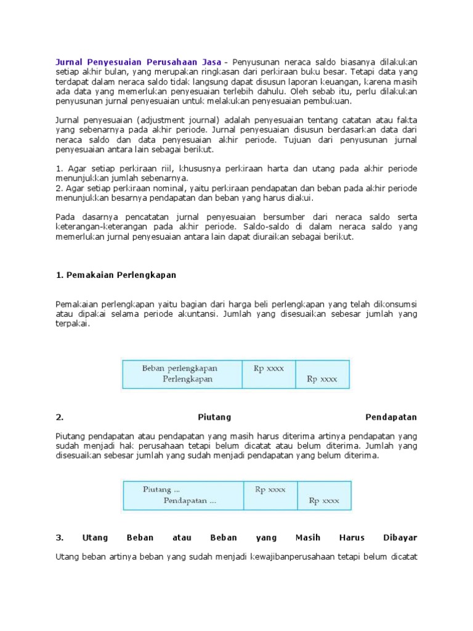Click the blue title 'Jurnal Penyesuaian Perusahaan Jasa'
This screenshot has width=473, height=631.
(139, 62)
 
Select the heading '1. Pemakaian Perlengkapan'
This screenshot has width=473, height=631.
(116, 275)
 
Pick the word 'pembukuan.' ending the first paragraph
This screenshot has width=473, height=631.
(329, 101)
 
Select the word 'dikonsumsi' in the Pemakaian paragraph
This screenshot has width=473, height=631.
(394, 304)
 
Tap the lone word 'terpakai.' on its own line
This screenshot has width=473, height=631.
(73, 324)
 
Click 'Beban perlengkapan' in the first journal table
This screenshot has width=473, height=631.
(179, 368)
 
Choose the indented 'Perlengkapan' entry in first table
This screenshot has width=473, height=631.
(187, 379)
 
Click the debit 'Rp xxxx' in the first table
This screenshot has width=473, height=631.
(269, 368)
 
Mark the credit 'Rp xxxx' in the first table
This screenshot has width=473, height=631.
(322, 380)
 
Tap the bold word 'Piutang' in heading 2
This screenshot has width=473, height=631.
(214, 417)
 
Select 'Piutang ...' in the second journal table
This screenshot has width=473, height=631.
(157, 489)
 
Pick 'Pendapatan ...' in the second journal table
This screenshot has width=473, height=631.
(190, 500)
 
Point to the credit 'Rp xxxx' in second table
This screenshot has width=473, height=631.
(324, 501)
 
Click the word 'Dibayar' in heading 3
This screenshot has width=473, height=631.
(401, 537)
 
